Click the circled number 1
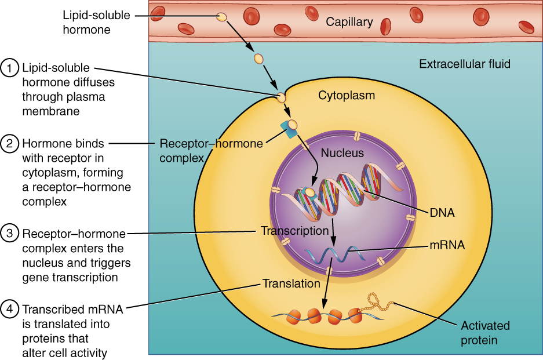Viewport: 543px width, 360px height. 10,68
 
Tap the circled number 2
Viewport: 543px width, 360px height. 10,143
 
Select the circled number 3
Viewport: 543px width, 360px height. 10,234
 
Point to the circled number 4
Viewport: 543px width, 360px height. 10,308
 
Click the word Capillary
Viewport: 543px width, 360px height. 349,22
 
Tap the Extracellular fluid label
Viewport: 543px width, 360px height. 465,64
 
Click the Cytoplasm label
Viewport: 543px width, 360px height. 347,96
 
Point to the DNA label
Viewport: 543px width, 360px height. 442,213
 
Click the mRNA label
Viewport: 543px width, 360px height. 446,245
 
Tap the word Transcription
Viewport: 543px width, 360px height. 294,231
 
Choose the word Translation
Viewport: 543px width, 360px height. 291,284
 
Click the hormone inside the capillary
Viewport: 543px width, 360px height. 221,17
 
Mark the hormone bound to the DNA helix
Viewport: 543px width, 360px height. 310,192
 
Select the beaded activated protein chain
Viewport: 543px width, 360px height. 377,303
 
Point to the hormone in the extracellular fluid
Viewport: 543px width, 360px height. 258,59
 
